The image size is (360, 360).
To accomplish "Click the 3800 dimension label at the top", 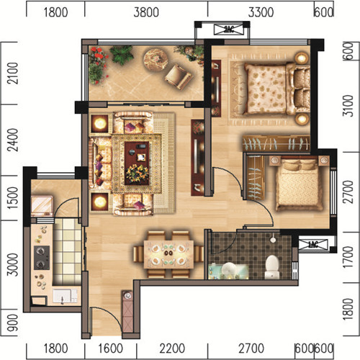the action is click(x=146, y=12).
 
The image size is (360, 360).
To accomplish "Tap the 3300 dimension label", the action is click(x=261, y=12).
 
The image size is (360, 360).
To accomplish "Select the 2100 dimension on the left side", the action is click(x=13, y=73).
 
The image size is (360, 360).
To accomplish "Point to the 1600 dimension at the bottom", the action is click(x=111, y=348).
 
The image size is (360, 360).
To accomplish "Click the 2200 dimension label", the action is click(x=172, y=348).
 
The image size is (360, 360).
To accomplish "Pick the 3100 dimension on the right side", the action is click(x=348, y=106).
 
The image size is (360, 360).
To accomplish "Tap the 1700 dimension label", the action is click(x=348, y=257).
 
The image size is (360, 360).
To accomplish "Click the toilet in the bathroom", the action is click(x=272, y=267).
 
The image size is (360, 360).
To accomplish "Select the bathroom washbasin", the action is click(x=228, y=269).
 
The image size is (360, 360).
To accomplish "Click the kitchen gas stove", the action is click(x=42, y=258).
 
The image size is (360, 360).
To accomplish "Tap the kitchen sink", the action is click(x=62, y=295).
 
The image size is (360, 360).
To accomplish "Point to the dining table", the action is click(x=168, y=254).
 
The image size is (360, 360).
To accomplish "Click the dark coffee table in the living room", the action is click(x=137, y=163).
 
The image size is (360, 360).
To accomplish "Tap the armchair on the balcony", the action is click(x=178, y=76).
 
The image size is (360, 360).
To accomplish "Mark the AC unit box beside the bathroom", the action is click(x=313, y=245).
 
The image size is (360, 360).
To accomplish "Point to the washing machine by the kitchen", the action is click(x=42, y=206).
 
